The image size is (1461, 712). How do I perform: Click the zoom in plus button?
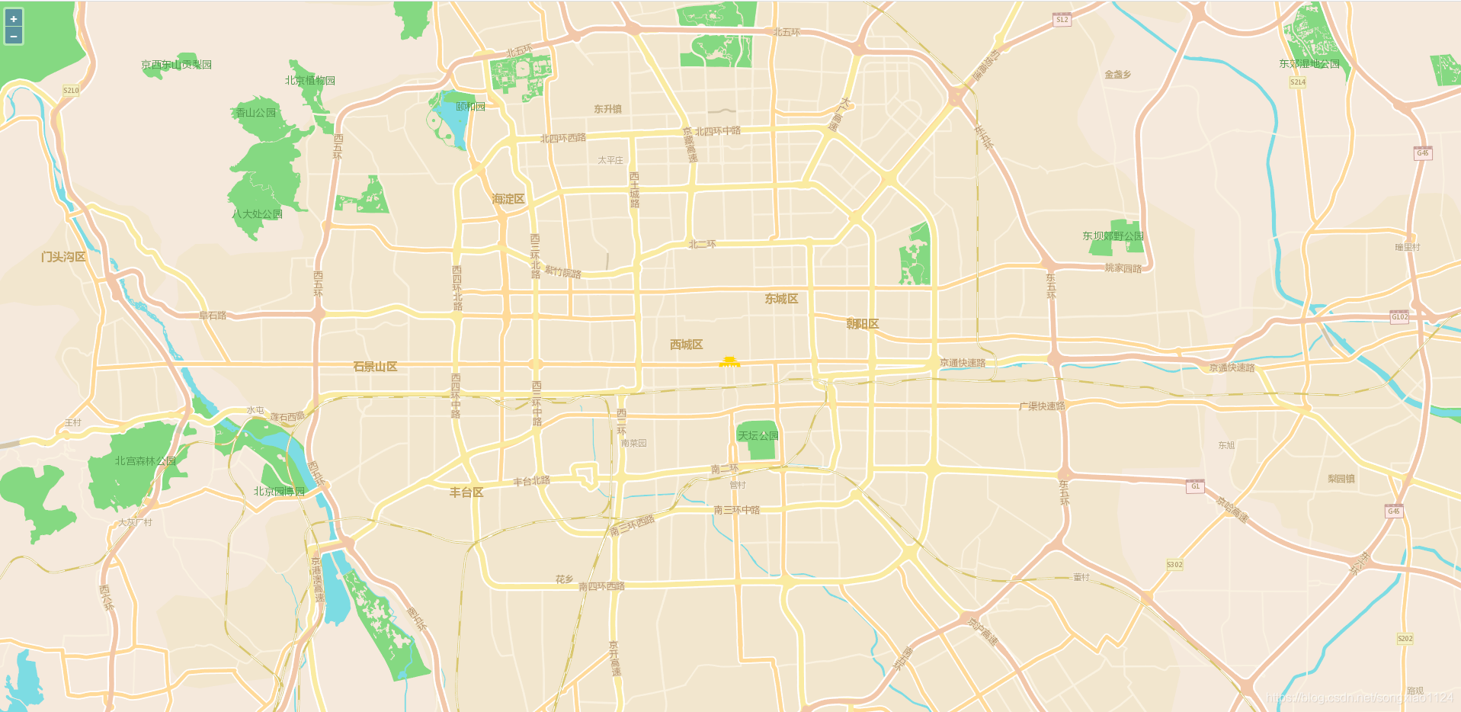[x=14, y=19]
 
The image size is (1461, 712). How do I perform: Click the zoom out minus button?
[x=14, y=36]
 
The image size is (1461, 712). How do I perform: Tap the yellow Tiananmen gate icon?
[x=729, y=362]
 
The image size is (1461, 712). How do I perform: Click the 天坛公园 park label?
[x=758, y=436]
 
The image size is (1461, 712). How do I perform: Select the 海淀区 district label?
[x=508, y=199]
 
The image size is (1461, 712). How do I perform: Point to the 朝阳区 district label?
[x=863, y=324]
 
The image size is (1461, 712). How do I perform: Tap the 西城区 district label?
[x=686, y=345]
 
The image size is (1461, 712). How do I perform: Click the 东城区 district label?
[x=781, y=299]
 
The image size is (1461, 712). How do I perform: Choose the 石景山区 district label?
[x=375, y=367]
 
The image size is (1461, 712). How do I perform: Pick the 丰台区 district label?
[x=466, y=492]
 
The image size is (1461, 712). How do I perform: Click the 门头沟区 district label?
[x=63, y=257]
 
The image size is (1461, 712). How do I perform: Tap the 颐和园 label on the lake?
[x=470, y=107]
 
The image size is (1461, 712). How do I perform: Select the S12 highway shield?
[x=1062, y=20]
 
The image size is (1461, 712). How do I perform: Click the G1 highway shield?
[x=1195, y=486]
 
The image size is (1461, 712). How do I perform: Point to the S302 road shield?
[x=1174, y=565]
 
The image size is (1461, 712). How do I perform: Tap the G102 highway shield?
[x=1399, y=317]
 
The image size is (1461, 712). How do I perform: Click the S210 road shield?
[x=71, y=91]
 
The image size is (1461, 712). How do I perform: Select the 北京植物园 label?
[x=310, y=81]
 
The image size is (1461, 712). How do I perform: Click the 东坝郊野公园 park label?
[x=1113, y=236]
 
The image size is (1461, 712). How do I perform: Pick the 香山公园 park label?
[x=256, y=113]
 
